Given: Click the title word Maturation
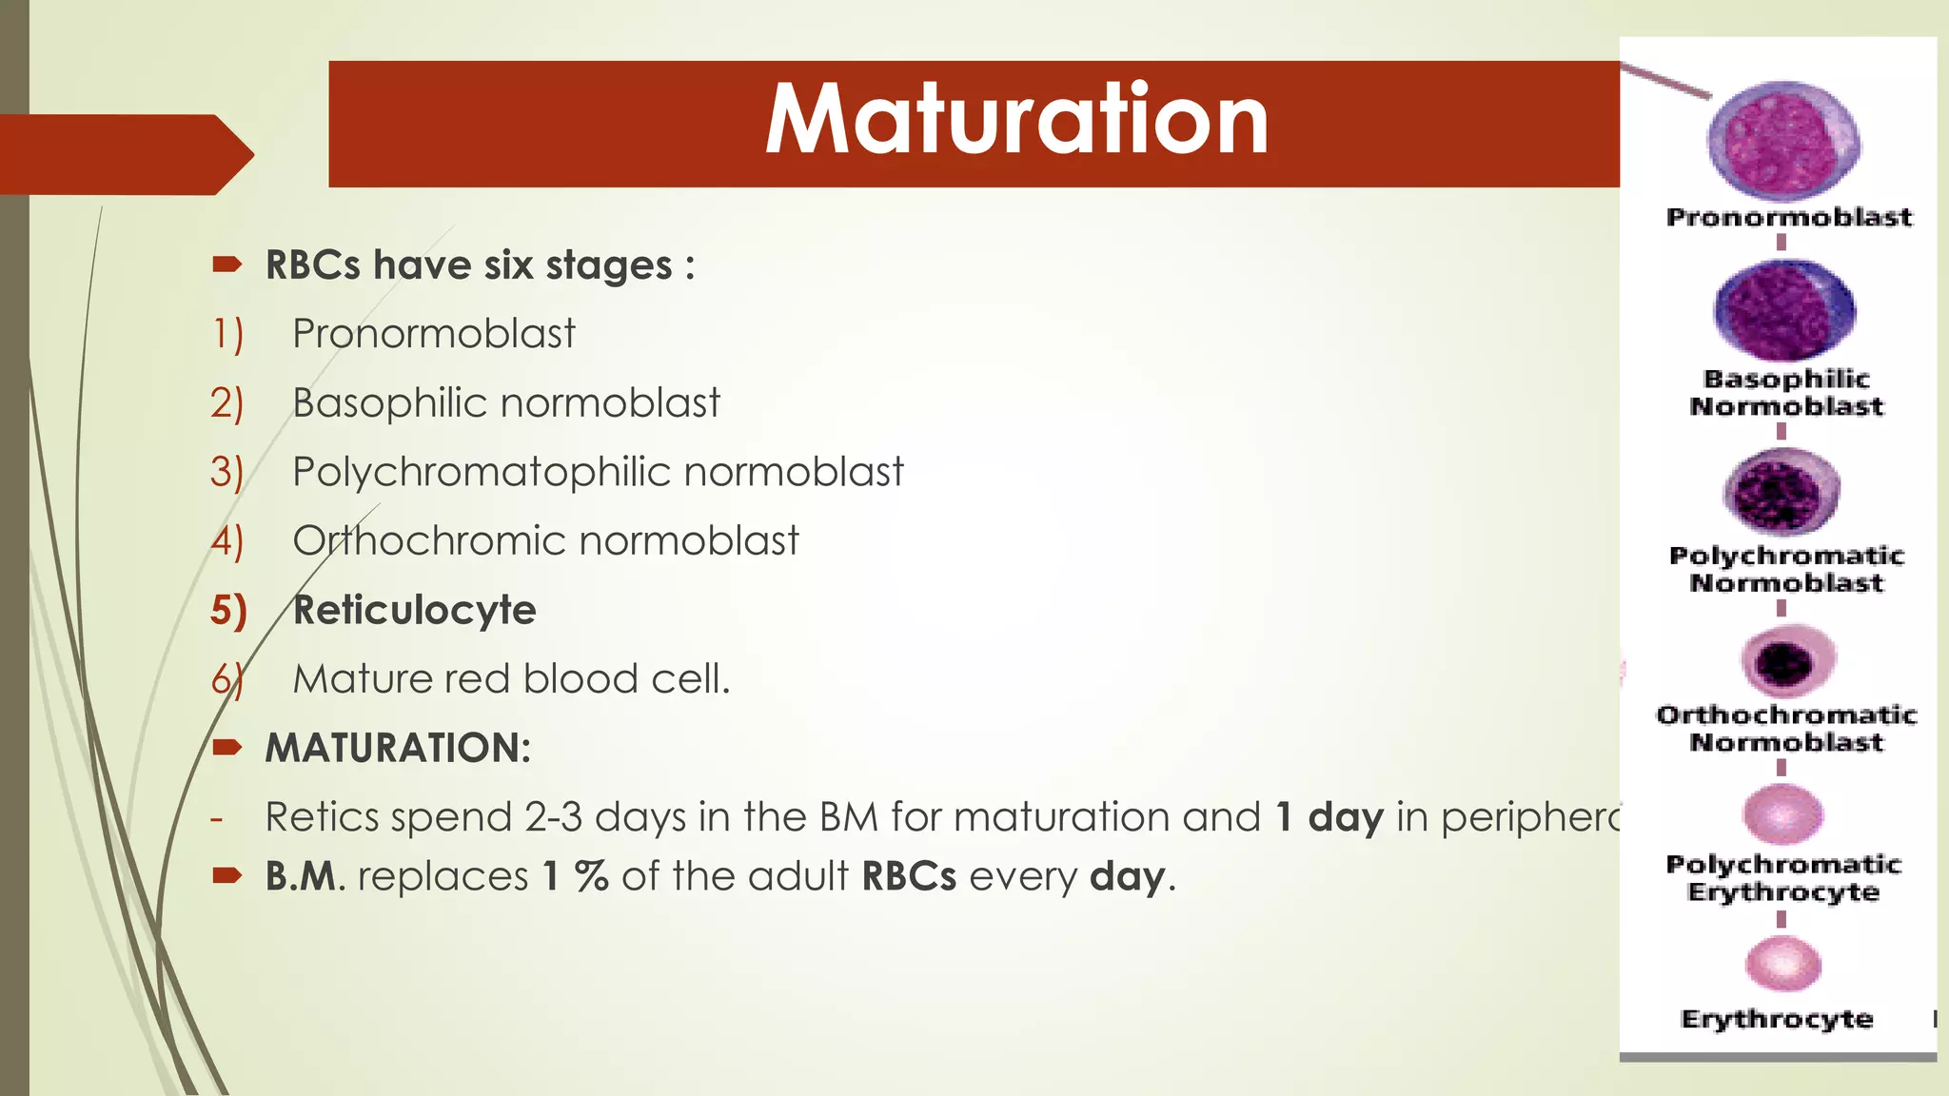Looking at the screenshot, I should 1016,120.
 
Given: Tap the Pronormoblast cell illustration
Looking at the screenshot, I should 1784,141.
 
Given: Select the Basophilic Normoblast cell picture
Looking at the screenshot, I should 1784,310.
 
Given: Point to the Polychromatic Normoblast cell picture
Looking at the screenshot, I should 1782,491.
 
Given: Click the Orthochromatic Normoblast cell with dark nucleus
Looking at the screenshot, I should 1786,661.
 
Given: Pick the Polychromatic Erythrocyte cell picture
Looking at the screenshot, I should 1782,814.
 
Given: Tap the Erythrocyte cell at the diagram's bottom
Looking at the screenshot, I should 1782,963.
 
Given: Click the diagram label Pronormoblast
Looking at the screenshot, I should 1788,217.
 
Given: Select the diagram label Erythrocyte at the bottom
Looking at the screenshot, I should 1777,1019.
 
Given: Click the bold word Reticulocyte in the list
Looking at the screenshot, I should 414,610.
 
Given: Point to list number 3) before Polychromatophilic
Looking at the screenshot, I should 226,472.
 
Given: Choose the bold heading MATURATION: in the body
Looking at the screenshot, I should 398,748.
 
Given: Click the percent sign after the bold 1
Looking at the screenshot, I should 591,876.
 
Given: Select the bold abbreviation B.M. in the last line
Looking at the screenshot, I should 302,876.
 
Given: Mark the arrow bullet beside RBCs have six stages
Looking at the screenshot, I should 227,264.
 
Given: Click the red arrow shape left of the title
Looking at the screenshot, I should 124,154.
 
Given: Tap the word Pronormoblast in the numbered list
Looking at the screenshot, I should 433,334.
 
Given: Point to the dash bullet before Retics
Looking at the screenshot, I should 218,817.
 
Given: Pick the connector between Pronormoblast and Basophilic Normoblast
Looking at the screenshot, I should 1782,243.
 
